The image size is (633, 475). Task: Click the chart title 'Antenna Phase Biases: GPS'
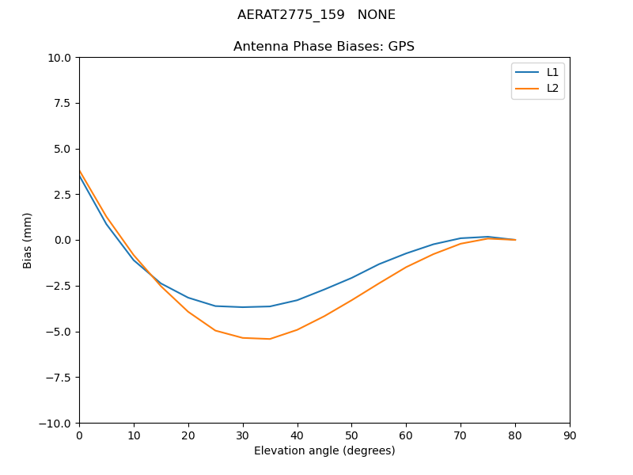pyautogui.click(x=324, y=47)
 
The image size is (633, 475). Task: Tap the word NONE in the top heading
pyautogui.click(x=376, y=15)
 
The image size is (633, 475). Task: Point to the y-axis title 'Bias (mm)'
pyautogui.click(x=28, y=240)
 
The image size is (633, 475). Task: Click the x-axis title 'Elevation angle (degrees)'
pyautogui.click(x=324, y=450)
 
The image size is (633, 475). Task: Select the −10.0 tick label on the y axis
pyautogui.click(x=56, y=423)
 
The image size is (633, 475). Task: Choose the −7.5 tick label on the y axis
pyautogui.click(x=59, y=377)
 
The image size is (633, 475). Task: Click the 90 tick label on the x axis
pyautogui.click(x=569, y=435)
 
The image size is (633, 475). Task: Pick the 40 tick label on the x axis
pyautogui.click(x=297, y=435)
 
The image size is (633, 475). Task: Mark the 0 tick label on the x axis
pyautogui.click(x=79, y=435)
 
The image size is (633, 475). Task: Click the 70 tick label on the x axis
pyautogui.click(x=461, y=435)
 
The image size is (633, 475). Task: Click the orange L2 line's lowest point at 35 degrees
pyautogui.click(x=270, y=339)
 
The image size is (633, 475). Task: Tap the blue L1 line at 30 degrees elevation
pyautogui.click(x=243, y=307)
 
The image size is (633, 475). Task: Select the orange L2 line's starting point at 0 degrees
pyautogui.click(x=80, y=171)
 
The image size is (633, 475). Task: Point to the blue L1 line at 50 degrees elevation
pyautogui.click(x=351, y=278)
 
